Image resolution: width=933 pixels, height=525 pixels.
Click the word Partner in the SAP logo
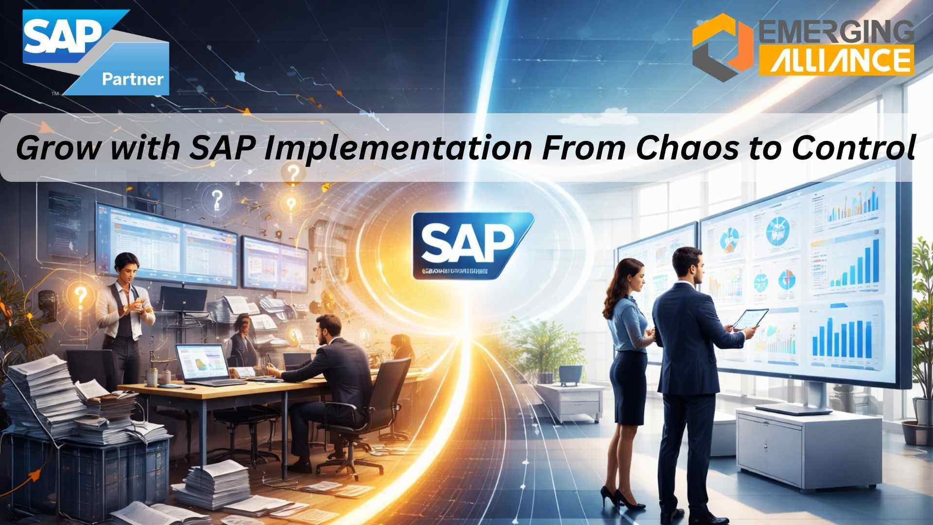click(132, 79)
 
